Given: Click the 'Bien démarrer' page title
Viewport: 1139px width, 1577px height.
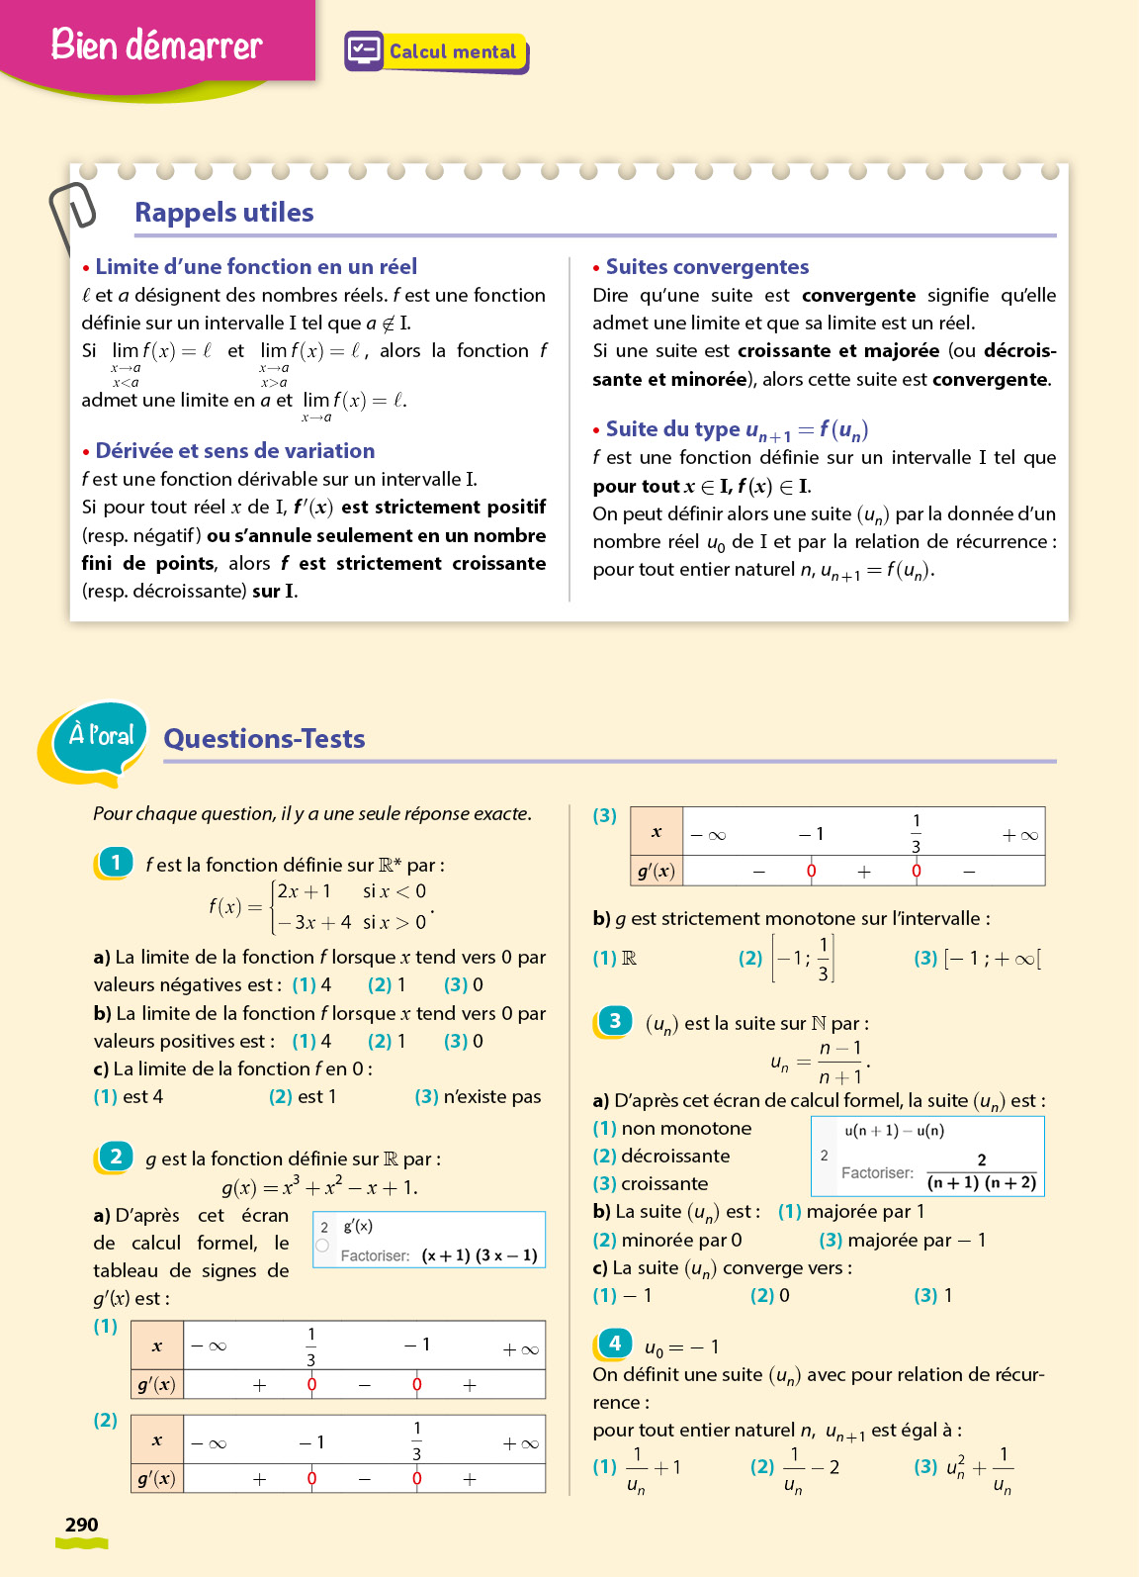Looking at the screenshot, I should pyautogui.click(x=156, y=45).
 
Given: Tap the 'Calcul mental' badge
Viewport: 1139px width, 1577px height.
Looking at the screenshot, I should pyautogui.click(x=437, y=51).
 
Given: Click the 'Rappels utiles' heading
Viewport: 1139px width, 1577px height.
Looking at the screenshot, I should pyautogui.click(x=224, y=213).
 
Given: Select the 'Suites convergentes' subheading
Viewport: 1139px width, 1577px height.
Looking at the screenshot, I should pyautogui.click(x=707, y=267).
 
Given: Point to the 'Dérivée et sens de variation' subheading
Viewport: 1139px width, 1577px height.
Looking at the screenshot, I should pyautogui.click(x=234, y=451).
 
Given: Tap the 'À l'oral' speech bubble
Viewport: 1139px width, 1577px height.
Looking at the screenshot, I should pyautogui.click(x=100, y=736).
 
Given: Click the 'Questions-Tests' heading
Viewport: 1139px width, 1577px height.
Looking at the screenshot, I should pyautogui.click(x=264, y=739).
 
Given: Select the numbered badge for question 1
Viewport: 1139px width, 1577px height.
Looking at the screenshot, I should pyautogui.click(x=116, y=863).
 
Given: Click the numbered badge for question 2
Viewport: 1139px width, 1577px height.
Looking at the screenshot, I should pyautogui.click(x=116, y=1157).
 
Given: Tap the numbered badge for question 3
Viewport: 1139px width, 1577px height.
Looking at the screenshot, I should pyautogui.click(x=615, y=1021).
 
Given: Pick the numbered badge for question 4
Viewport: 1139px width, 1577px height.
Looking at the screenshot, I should pyautogui.click(x=615, y=1344).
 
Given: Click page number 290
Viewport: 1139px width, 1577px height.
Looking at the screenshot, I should pyautogui.click(x=81, y=1525).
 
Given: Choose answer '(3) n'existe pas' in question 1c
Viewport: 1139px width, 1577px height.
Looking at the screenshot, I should pyautogui.click(x=479, y=1097).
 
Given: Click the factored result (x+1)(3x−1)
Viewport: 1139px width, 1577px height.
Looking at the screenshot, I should pyautogui.click(x=480, y=1255).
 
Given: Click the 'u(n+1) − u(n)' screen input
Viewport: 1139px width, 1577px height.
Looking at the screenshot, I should pyautogui.click(x=894, y=1131).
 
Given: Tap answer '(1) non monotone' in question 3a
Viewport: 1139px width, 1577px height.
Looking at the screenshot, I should pyautogui.click(x=672, y=1129).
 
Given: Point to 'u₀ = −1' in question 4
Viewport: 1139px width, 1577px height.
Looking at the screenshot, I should pyautogui.click(x=681, y=1347).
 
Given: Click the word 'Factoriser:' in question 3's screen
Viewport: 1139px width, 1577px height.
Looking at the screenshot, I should pyautogui.click(x=877, y=1173).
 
